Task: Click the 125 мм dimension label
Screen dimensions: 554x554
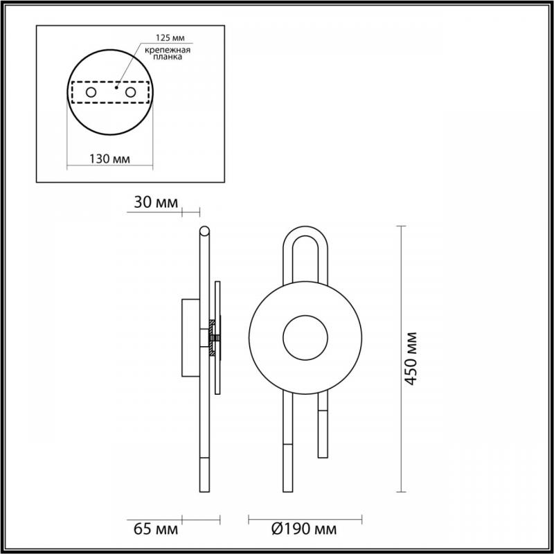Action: pyautogui.click(x=170, y=37)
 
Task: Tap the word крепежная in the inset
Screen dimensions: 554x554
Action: pyautogui.click(x=168, y=50)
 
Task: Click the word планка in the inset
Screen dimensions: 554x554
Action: pyautogui.click(x=168, y=57)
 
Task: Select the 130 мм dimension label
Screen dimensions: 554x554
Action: pyautogui.click(x=109, y=159)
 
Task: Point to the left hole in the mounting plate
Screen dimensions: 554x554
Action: pyautogui.click(x=91, y=92)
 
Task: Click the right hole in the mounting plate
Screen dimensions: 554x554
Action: pyautogui.click(x=130, y=92)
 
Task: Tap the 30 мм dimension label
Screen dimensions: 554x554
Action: pyautogui.click(x=156, y=202)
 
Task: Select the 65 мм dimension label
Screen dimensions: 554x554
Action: pyautogui.click(x=156, y=529)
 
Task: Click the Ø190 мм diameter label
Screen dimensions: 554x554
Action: pyautogui.click(x=304, y=529)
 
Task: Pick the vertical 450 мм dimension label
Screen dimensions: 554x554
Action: pyautogui.click(x=411, y=359)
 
